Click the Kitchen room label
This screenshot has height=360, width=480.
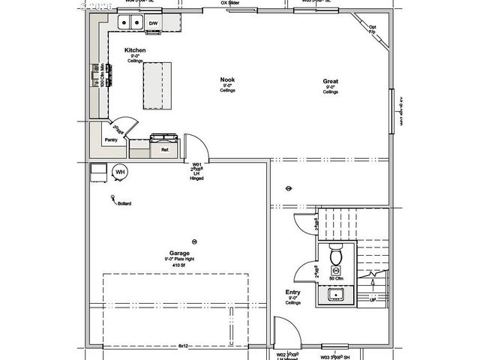click(135, 50)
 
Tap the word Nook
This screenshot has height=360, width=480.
click(227, 79)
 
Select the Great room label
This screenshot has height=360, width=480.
click(330, 81)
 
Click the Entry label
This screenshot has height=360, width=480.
click(293, 292)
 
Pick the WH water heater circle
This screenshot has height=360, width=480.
click(119, 172)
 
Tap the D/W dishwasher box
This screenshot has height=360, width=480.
click(153, 24)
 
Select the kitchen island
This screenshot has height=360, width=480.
click(154, 77)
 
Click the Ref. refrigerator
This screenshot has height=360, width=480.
click(165, 148)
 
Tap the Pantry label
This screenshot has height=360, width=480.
click(111, 139)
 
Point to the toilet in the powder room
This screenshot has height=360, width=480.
click(337, 257)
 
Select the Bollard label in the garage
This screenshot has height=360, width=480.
click(124, 203)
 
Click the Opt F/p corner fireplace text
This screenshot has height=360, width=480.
click(372, 28)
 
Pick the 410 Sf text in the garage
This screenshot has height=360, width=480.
click(178, 265)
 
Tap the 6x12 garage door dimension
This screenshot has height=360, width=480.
click(183, 346)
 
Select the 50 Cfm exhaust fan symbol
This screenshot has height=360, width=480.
click(337, 277)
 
